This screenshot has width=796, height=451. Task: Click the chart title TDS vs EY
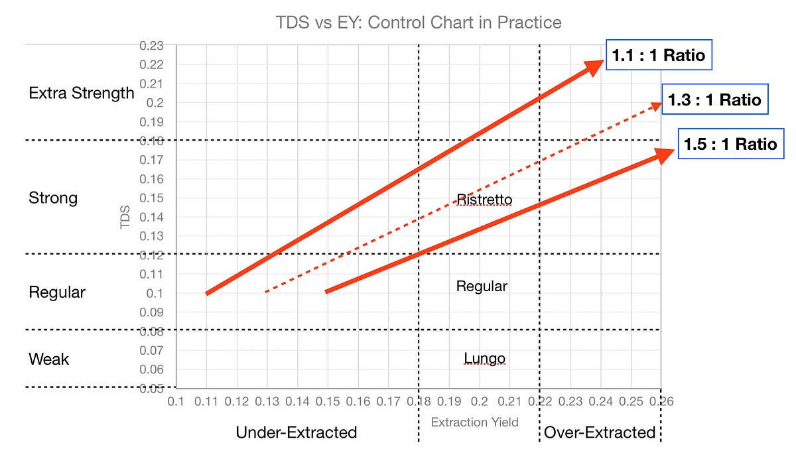click(x=419, y=23)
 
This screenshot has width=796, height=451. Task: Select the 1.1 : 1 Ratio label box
click(x=659, y=56)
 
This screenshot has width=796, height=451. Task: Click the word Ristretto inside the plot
click(x=484, y=199)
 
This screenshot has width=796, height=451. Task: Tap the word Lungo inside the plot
click(x=484, y=359)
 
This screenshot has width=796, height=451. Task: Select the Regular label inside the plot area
click(x=482, y=287)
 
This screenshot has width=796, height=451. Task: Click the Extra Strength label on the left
click(x=82, y=94)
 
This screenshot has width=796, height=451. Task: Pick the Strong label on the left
click(x=53, y=198)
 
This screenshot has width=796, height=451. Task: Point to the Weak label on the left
click(x=48, y=359)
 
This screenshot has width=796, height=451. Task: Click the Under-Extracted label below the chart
click(x=297, y=432)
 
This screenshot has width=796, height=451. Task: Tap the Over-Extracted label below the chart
click(x=600, y=432)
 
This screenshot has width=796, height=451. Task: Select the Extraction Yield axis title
click(x=475, y=421)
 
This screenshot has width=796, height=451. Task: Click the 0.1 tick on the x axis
click(x=175, y=401)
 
